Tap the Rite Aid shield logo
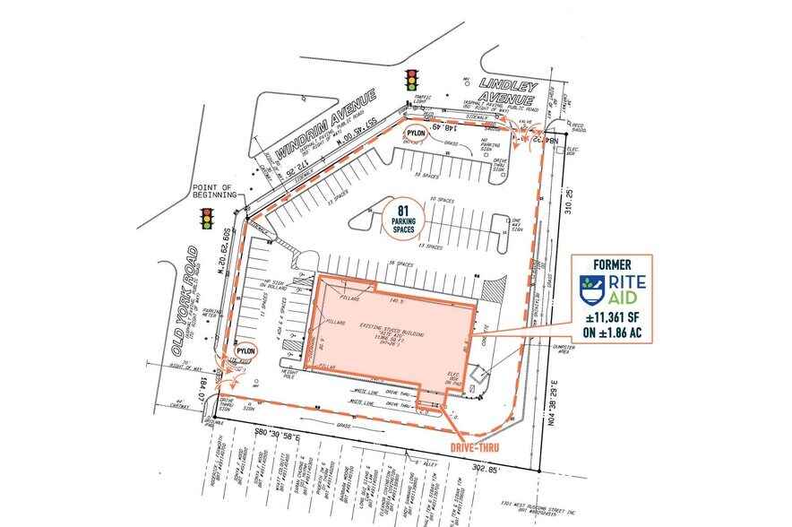tap(588, 292)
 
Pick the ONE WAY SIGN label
tap(516, 224)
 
